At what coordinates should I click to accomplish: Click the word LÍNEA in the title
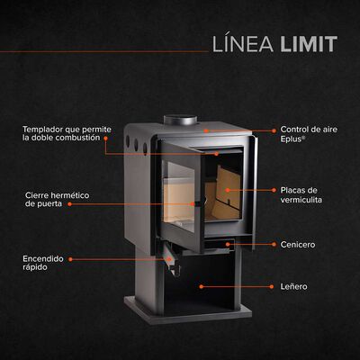click(x=240, y=44)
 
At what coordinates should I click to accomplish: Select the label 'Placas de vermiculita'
click(x=301, y=195)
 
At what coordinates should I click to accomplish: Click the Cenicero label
click(x=297, y=244)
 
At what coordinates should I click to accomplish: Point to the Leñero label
click(x=293, y=286)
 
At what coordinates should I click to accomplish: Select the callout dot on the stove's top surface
click(x=205, y=130)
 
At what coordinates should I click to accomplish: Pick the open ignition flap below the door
click(x=168, y=262)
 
